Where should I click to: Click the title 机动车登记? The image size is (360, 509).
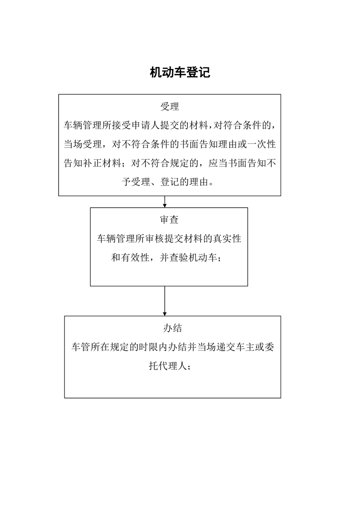tap(180, 73)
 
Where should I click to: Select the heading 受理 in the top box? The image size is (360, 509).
tap(170, 107)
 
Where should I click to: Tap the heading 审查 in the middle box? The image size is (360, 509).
tap(169, 220)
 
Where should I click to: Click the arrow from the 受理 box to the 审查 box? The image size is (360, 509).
tap(165, 201)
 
